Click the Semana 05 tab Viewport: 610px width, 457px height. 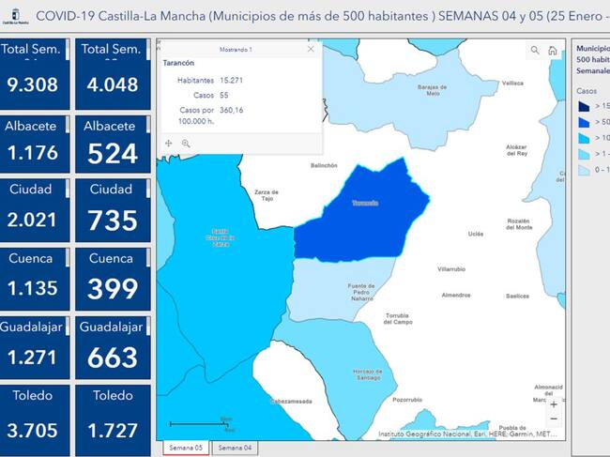186,449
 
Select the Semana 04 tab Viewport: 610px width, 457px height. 235,449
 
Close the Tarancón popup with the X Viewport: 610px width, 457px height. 311,49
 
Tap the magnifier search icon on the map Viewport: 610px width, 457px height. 535,51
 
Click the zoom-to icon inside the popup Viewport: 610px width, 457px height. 186,144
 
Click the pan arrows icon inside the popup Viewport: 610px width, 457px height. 169,144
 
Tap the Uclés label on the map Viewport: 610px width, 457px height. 476,234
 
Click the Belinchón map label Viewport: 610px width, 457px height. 324,165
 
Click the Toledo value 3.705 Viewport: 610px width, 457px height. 32,426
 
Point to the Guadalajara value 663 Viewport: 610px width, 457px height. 112,358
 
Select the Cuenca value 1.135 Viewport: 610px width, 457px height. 32,289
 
